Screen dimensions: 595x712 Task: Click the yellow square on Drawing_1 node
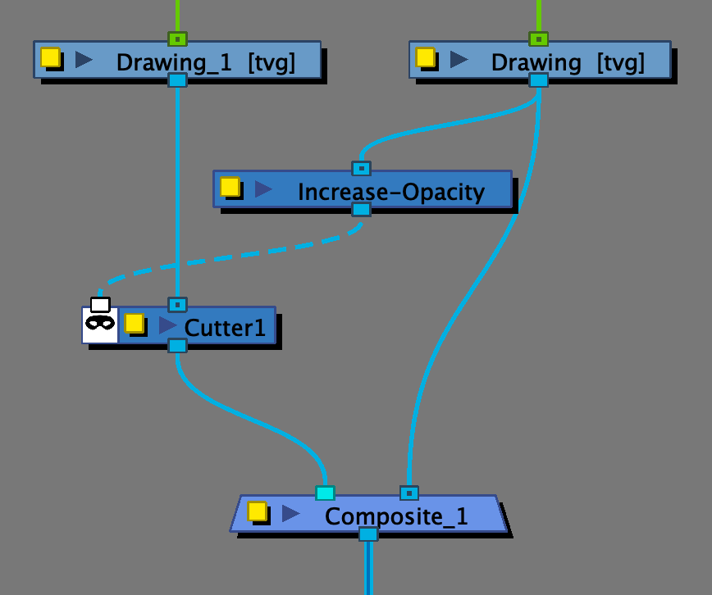[50, 57]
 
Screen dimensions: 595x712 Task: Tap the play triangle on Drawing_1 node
[83, 59]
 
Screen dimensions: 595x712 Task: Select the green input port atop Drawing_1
[177, 39]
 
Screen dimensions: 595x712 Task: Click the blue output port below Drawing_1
[177, 79]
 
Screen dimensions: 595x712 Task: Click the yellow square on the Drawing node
[425, 57]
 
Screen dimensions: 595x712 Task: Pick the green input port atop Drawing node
[538, 39]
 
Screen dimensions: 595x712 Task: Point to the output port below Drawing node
[538, 79]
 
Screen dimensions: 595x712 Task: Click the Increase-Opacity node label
[390, 193]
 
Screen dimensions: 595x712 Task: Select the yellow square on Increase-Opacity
[230, 187]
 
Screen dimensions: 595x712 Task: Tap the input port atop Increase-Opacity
[361, 168]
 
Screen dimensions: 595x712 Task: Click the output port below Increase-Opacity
[361, 209]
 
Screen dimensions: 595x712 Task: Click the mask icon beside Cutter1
[100, 322]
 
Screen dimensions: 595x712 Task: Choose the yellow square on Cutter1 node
[134, 323]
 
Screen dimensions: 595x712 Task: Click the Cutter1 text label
[225, 328]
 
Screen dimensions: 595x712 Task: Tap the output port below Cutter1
[177, 345]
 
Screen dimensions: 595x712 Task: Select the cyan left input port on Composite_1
[325, 493]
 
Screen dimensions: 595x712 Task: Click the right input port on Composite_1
[408, 493]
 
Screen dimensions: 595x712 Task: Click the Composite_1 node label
[396, 516]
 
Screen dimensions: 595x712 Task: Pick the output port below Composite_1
[368, 534]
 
